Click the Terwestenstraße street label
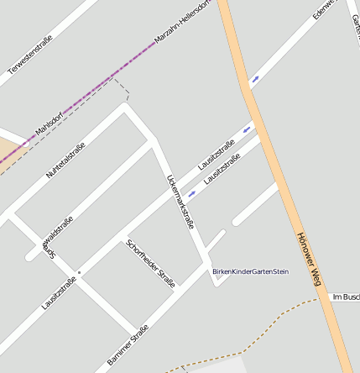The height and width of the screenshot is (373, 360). (x=30, y=52)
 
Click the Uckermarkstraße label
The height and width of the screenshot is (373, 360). (x=181, y=202)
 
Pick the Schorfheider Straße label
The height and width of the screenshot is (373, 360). (x=150, y=264)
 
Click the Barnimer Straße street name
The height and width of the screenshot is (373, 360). (x=128, y=344)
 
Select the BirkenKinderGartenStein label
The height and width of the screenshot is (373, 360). (x=250, y=271)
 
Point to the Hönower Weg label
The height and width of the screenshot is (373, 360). (x=310, y=260)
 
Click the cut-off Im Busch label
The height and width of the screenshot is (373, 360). (x=346, y=297)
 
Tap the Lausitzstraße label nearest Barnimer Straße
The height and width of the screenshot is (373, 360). (x=59, y=292)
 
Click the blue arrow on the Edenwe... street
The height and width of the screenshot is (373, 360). (x=254, y=80)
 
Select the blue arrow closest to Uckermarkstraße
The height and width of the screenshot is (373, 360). (x=192, y=194)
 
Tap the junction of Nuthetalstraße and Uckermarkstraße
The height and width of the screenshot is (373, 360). (x=126, y=107)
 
